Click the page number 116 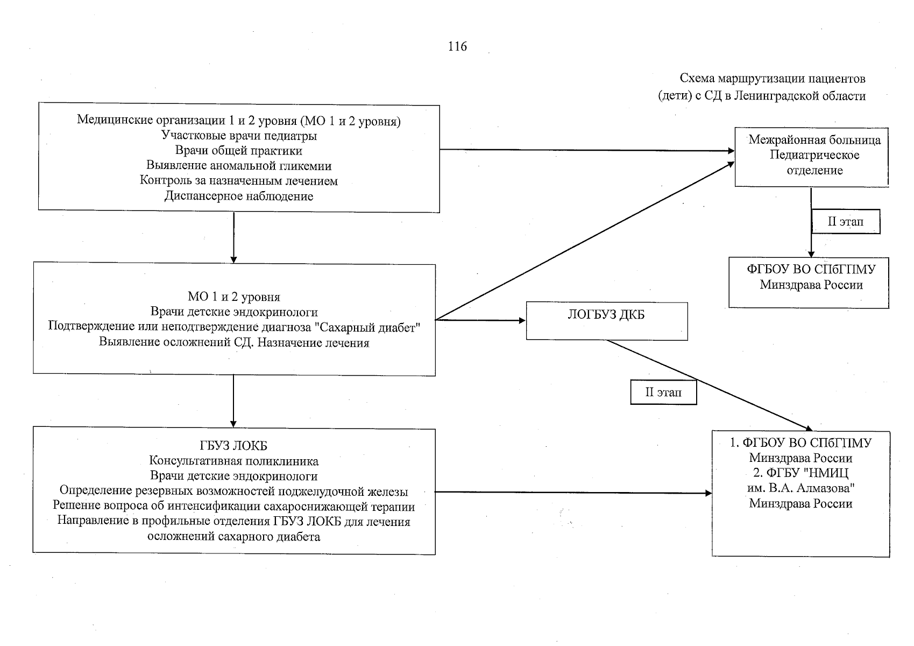pyautogui.click(x=457, y=47)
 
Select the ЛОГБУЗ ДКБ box pyautogui.click(x=606, y=321)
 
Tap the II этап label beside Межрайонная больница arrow pyautogui.click(x=845, y=222)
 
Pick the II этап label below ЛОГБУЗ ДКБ pyautogui.click(x=663, y=392)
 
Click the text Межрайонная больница pyautogui.click(x=814, y=141)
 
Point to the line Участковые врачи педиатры pyautogui.click(x=239, y=136)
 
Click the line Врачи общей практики pyautogui.click(x=239, y=151)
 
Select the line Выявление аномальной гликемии pyautogui.click(x=239, y=166)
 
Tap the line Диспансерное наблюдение pyautogui.click(x=239, y=196)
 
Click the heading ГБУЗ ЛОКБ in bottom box pyautogui.click(x=233, y=446)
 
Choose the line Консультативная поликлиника pyautogui.click(x=233, y=461)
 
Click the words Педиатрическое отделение pyautogui.click(x=814, y=163)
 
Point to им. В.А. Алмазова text pyautogui.click(x=800, y=488)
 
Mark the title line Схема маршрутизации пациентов pyautogui.click(x=773, y=79)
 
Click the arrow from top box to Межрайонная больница pyautogui.click(x=586, y=150)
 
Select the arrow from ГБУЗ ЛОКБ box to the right pyautogui.click(x=573, y=492)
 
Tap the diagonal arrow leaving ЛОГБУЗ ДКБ pyautogui.click(x=710, y=385)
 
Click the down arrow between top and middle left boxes pyautogui.click(x=233, y=237)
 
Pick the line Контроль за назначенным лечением pyautogui.click(x=239, y=181)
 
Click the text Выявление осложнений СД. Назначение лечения pyautogui.click(x=234, y=342)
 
